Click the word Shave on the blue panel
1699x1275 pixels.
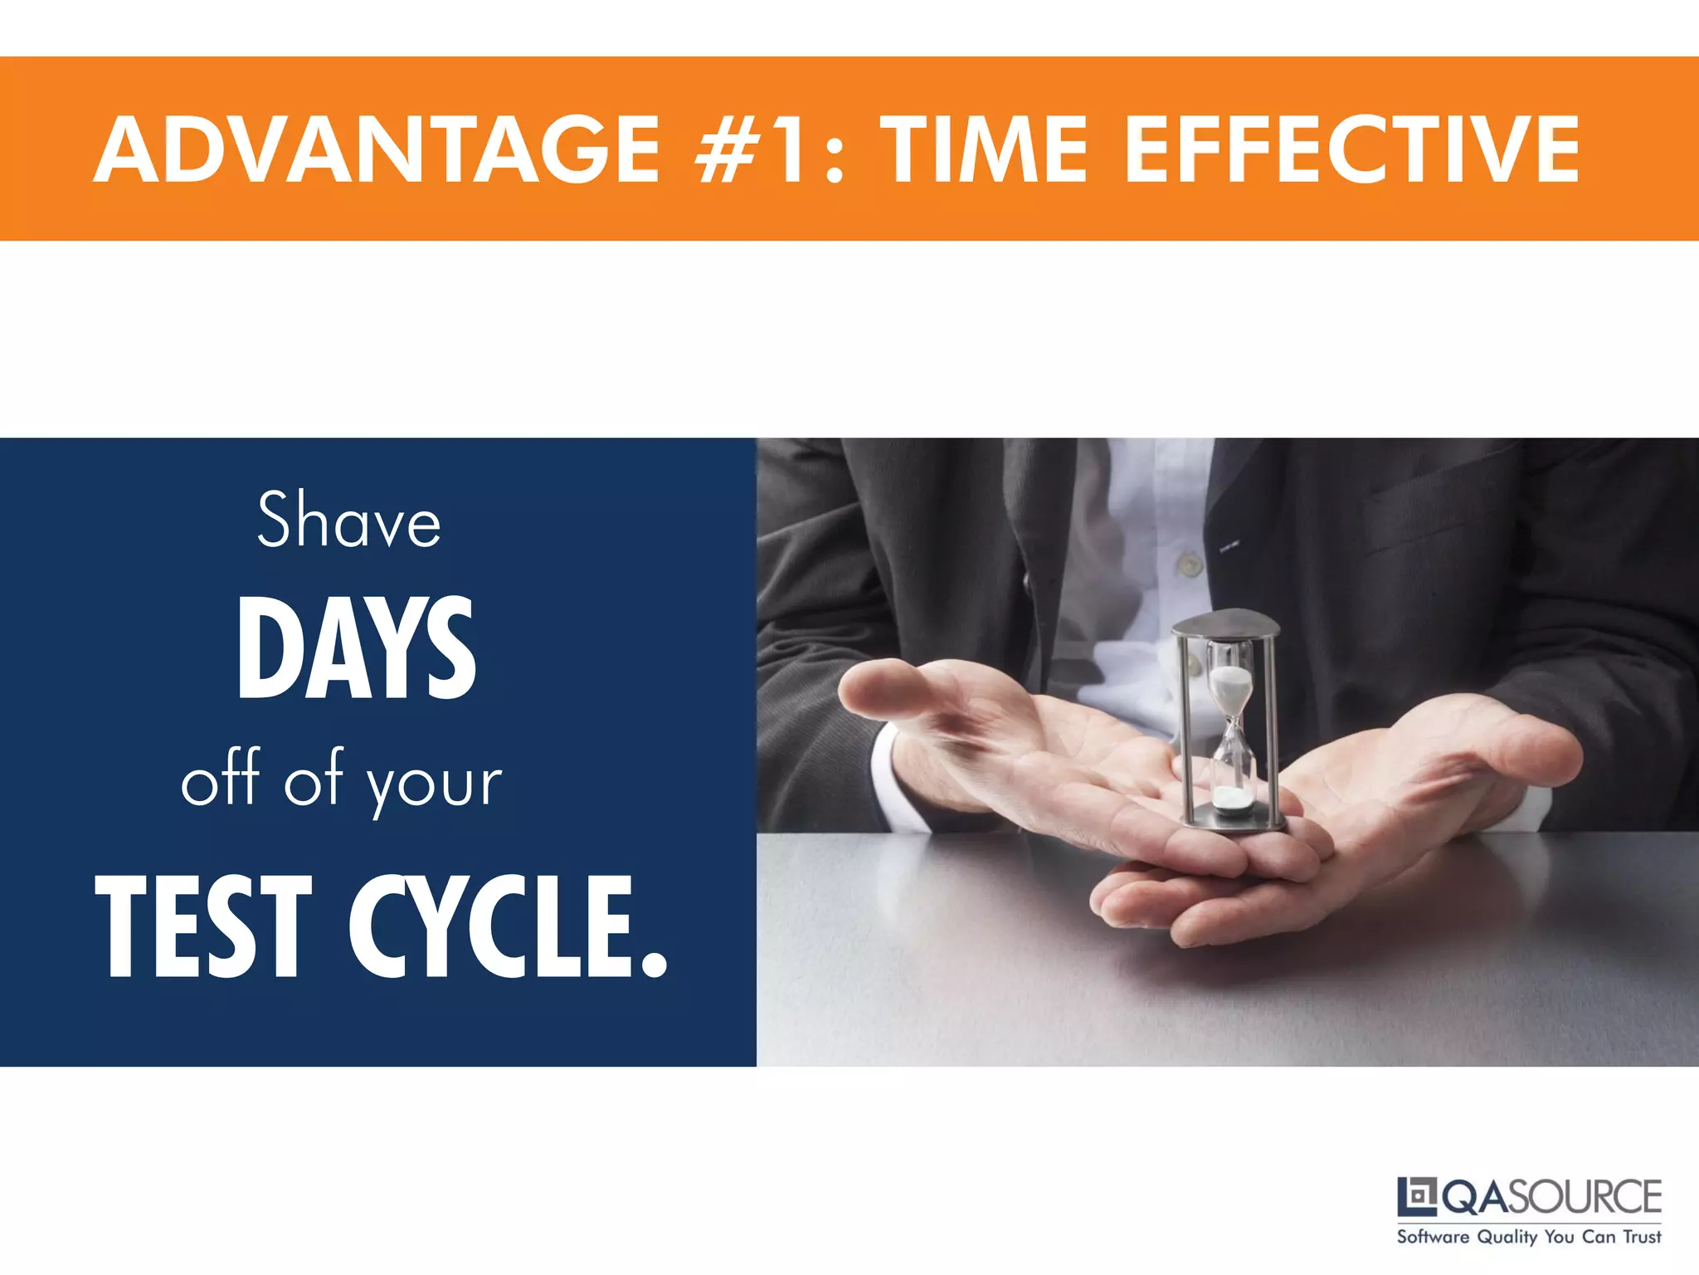point(348,520)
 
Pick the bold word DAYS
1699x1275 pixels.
point(356,648)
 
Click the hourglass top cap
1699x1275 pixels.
point(1226,623)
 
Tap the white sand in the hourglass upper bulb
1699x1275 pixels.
point(1231,686)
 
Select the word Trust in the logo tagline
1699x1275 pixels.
point(1642,1237)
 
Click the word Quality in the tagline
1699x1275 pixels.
point(1507,1238)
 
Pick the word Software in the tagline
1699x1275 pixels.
point(1433,1237)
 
